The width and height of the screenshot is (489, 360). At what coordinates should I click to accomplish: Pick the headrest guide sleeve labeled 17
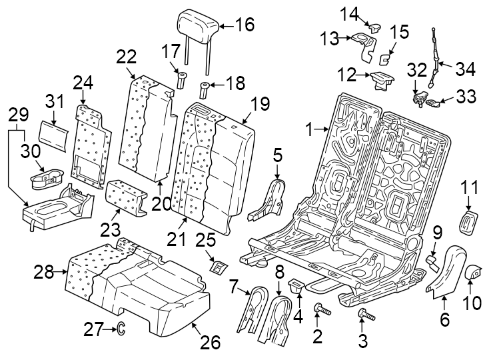(x=179, y=81)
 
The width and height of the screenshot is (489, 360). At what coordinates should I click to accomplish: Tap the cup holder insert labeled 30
(x=45, y=177)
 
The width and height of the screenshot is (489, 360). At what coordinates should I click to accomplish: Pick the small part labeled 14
(x=374, y=27)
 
